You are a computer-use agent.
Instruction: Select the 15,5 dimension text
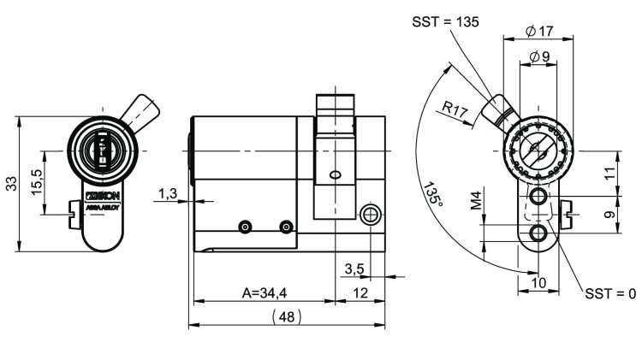[37, 183]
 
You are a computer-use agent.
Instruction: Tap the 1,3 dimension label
[167, 195]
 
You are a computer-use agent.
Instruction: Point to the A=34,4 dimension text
[264, 292]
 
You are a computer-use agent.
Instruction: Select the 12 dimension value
[360, 292]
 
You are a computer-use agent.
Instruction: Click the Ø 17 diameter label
[538, 31]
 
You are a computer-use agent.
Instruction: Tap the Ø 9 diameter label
[539, 56]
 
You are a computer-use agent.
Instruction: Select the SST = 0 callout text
[609, 293]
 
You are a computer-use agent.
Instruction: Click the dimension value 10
[538, 282]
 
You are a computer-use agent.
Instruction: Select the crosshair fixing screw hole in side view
[370, 213]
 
